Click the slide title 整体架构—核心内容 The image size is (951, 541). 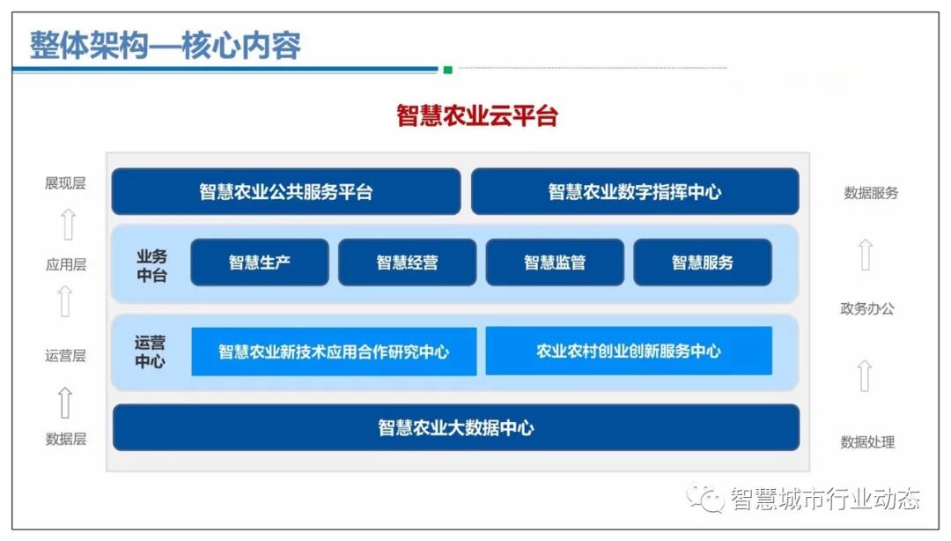click(166, 45)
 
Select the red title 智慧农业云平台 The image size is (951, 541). click(476, 115)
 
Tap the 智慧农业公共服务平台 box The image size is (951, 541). click(285, 192)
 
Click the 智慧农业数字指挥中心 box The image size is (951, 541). click(634, 192)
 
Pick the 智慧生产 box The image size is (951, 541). click(259, 263)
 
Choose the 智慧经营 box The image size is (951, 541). click(407, 263)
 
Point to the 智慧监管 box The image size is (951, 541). click(555, 263)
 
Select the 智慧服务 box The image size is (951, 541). click(702, 263)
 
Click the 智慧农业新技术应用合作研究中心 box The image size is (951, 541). click(334, 352)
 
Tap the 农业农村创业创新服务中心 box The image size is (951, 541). click(629, 351)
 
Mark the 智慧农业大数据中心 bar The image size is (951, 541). click(455, 428)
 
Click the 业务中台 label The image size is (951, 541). click(151, 265)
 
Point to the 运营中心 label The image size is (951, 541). click(150, 352)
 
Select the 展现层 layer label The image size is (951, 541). click(65, 183)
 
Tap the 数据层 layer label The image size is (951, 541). click(66, 439)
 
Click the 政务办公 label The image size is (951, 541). click(867, 308)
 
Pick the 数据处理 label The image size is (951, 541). click(867, 442)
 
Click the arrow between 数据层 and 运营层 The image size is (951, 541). click(65, 403)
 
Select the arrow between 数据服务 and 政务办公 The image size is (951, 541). click(866, 255)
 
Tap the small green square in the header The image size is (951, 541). click(447, 70)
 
